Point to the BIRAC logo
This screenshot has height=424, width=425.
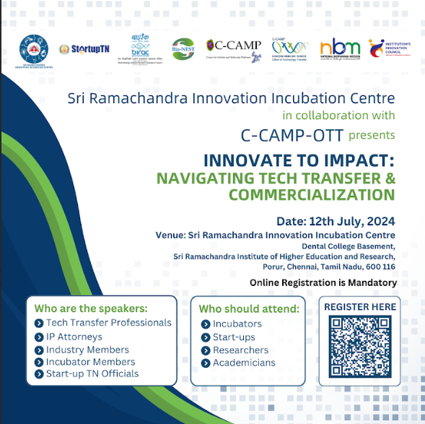coord(141,48)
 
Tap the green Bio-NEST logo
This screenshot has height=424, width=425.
coord(183,48)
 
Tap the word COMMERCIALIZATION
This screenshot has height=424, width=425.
coord(311,194)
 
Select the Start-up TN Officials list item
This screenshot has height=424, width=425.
coord(92,373)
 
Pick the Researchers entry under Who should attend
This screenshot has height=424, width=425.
coord(240,350)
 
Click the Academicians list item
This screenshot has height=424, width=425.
coord(245,363)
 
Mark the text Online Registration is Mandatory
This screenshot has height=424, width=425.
coord(323,282)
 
